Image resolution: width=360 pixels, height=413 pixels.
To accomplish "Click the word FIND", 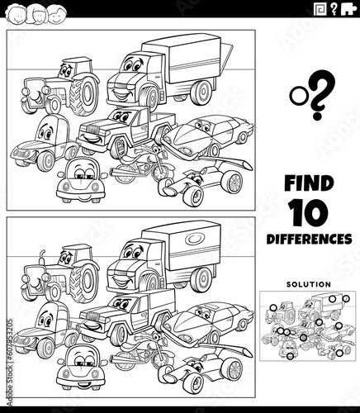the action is tap(309, 183).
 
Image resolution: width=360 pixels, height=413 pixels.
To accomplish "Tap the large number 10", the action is tap(310, 212).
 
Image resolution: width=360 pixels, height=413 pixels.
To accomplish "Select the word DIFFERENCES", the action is tap(309, 239).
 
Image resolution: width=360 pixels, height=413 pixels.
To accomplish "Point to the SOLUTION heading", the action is tap(309, 284).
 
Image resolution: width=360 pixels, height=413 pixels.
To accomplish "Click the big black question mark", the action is tap(320, 95).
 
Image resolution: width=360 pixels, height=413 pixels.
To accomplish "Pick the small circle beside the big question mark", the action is tap(296, 96).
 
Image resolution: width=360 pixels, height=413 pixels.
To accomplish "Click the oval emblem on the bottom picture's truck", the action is tap(195, 239).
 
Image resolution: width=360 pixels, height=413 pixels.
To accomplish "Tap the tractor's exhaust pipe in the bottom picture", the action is tap(42, 258).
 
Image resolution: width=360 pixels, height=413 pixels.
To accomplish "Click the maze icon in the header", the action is tap(320, 9).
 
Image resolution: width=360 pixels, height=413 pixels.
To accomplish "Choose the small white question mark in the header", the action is tap(334, 10).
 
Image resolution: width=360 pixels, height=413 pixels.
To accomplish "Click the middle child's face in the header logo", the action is tap(37, 15).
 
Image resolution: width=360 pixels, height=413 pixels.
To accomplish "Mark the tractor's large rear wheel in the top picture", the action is tap(84, 95).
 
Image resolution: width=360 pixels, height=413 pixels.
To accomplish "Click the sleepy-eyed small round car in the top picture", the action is tap(82, 180).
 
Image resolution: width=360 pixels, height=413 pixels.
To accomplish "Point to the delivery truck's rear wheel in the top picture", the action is tap(201, 93).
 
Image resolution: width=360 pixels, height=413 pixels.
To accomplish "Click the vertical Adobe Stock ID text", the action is tap(10, 363).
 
